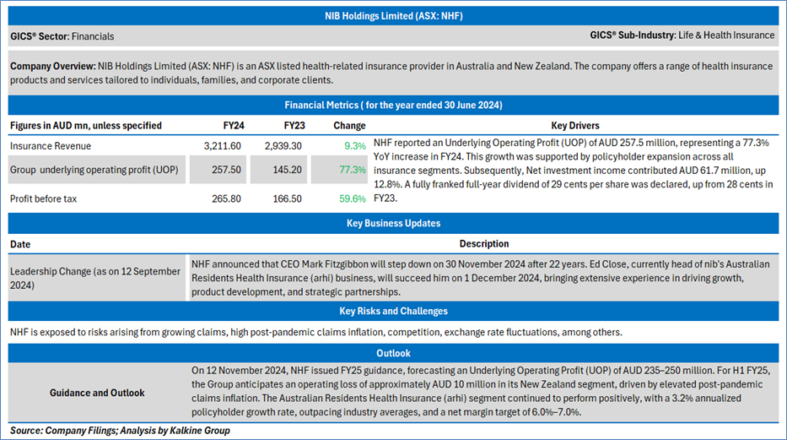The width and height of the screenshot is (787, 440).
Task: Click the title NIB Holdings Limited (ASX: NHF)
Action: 393,16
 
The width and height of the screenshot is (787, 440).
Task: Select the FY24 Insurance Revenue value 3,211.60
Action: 223,146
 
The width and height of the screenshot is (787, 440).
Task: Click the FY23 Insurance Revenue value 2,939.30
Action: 283,146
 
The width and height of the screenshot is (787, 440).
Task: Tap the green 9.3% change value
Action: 355,146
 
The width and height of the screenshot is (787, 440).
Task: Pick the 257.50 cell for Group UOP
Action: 226,170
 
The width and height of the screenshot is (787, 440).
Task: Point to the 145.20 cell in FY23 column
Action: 287,170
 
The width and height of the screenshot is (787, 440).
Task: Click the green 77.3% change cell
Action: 353,170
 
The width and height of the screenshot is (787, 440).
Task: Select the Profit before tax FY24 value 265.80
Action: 226,199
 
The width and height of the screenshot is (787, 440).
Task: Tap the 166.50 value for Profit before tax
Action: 287,199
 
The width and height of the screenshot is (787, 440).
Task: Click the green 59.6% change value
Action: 353,199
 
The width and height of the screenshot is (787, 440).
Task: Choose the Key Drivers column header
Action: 575,126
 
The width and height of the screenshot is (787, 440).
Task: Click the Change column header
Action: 349,126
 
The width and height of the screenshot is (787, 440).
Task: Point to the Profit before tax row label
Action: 43,199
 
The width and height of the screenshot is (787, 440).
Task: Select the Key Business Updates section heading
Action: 393,224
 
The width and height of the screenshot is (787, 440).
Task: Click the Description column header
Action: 484,243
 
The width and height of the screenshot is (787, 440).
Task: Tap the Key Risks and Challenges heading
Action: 393,311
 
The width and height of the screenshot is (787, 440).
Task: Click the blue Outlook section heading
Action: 393,353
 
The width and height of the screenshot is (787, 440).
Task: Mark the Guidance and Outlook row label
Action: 97,393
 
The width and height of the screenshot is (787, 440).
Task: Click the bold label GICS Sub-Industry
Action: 632,35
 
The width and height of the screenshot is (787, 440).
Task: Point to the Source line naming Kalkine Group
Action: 120,431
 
